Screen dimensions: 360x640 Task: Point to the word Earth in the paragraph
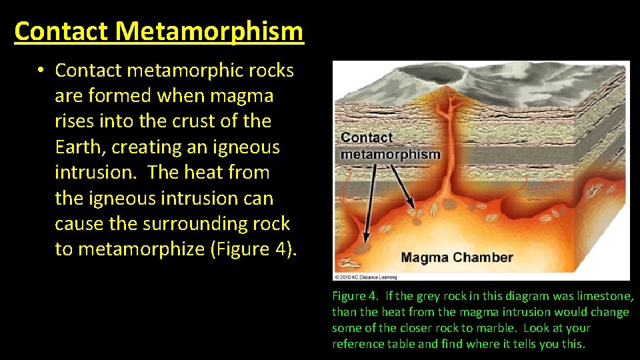80,147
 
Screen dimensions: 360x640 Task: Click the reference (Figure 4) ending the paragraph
254,249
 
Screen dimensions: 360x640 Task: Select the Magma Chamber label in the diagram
457,257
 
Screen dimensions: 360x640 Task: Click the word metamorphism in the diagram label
391,154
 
